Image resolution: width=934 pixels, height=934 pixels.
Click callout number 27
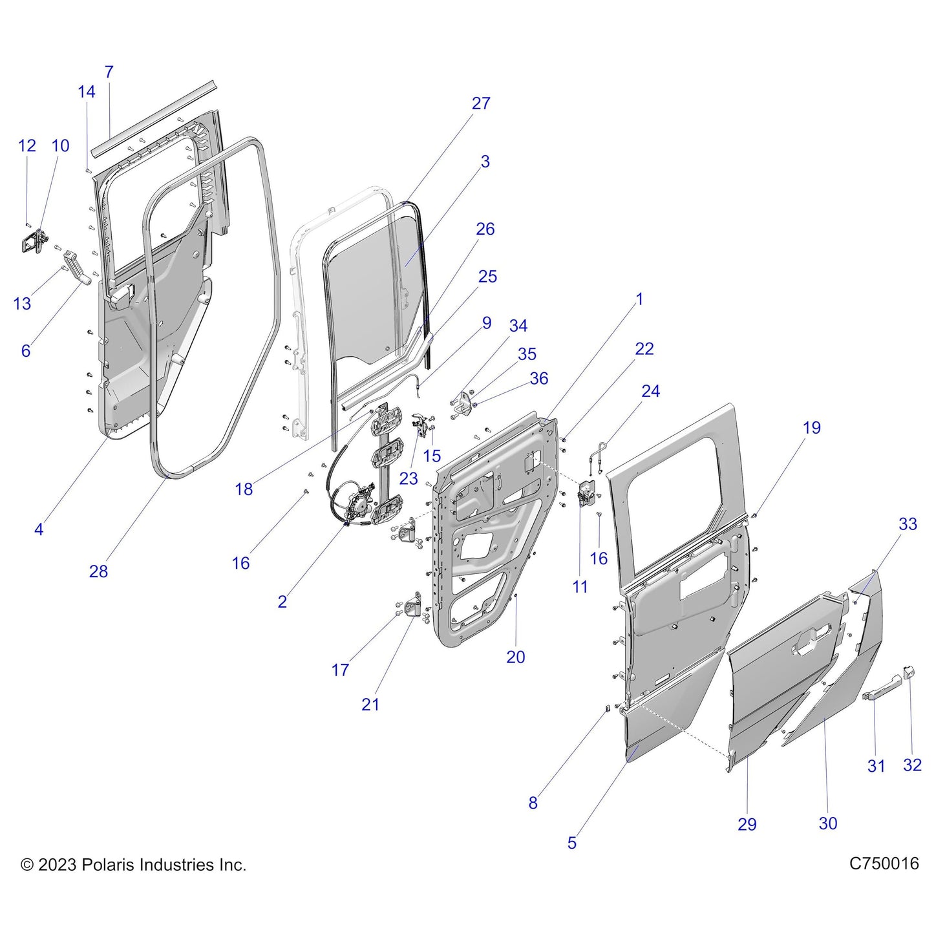[x=480, y=103]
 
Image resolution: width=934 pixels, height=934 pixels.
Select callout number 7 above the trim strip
[x=109, y=72]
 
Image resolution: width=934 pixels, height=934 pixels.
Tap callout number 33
[x=907, y=524]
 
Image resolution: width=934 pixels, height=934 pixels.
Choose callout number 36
[x=539, y=379]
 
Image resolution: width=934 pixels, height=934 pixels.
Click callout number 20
[x=515, y=657]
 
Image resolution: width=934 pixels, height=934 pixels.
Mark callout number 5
[x=571, y=843]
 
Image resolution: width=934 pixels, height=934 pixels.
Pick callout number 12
[x=27, y=146]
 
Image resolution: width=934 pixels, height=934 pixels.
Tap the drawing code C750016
[x=884, y=864]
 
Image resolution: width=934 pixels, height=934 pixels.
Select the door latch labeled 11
[x=585, y=494]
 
